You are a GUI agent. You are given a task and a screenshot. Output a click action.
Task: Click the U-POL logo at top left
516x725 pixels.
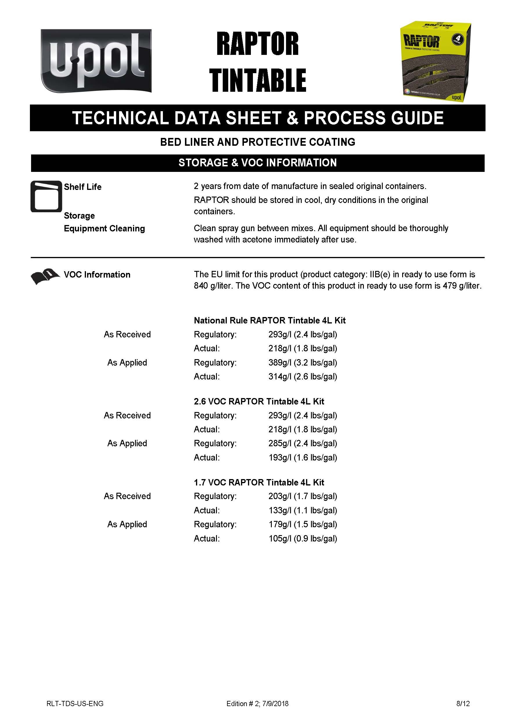point(96,61)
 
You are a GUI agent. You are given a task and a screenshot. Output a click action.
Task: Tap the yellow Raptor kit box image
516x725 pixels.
point(435,62)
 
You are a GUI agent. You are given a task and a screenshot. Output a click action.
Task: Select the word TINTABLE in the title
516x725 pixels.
point(257,80)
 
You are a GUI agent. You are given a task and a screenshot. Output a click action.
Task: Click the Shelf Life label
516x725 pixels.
point(82,187)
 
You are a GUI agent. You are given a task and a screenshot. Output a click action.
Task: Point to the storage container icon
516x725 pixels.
point(46,196)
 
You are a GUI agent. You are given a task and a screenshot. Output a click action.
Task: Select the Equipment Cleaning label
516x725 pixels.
point(104,229)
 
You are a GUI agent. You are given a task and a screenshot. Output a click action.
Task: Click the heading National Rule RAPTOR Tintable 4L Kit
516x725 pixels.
point(269,320)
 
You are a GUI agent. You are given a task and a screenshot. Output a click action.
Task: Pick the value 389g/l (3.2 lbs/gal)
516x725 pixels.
point(303,362)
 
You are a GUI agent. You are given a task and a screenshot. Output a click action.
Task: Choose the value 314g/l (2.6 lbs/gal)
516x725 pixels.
point(303,377)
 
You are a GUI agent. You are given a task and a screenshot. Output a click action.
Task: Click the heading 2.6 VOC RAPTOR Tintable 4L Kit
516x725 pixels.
point(259,401)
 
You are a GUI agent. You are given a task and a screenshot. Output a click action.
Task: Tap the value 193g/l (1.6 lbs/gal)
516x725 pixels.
point(303,458)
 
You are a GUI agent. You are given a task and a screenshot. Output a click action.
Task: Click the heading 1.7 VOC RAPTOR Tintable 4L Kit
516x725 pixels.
point(259,482)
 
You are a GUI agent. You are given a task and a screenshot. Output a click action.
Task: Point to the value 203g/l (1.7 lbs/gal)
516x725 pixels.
point(303,496)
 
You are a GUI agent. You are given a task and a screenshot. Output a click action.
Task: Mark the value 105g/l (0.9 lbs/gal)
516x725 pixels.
point(303,539)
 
